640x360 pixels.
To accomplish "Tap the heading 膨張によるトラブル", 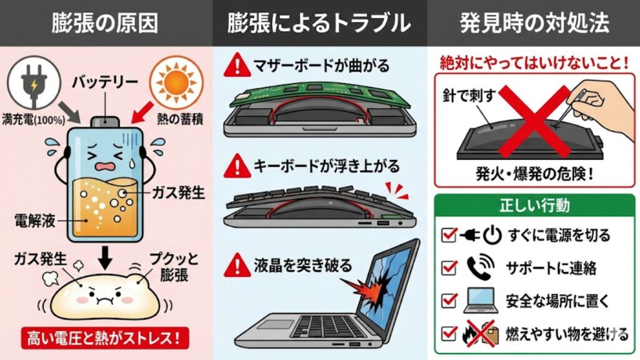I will pos(319,23).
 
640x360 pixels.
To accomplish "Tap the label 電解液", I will pos(35,221).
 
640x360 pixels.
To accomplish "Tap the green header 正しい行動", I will pos(534,205).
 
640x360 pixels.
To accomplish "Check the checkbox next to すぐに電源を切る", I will pos(448,235).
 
